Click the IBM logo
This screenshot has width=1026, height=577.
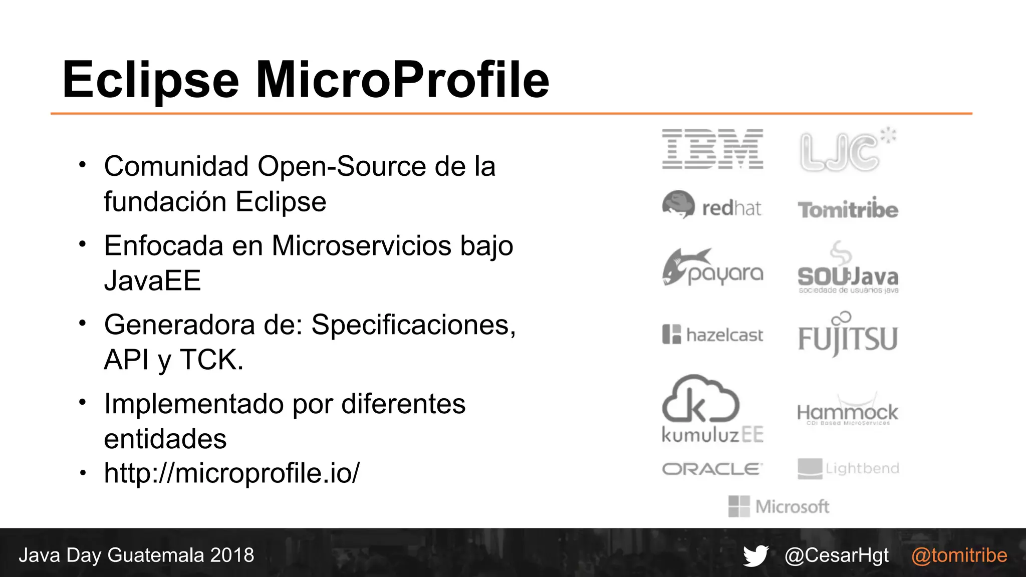tap(712, 149)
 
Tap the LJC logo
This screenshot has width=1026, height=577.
tap(847, 150)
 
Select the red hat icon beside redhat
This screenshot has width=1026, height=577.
tap(678, 204)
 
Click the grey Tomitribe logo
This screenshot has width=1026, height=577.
tap(848, 210)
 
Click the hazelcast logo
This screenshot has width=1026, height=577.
tap(712, 335)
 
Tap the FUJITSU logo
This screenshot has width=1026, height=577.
tap(848, 337)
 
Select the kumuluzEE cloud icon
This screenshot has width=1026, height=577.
tap(700, 400)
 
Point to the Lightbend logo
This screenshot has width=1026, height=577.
tap(848, 469)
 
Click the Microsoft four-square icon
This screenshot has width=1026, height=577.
tap(739, 506)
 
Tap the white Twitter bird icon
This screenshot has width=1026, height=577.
tap(755, 555)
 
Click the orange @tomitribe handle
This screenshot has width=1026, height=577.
tap(959, 555)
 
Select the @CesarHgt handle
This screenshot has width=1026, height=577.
tap(837, 555)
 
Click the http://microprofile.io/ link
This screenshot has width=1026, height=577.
tap(231, 473)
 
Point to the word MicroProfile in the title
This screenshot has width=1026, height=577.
tap(402, 80)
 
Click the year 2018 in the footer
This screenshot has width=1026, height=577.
tap(232, 555)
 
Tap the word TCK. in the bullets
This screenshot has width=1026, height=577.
tap(211, 360)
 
